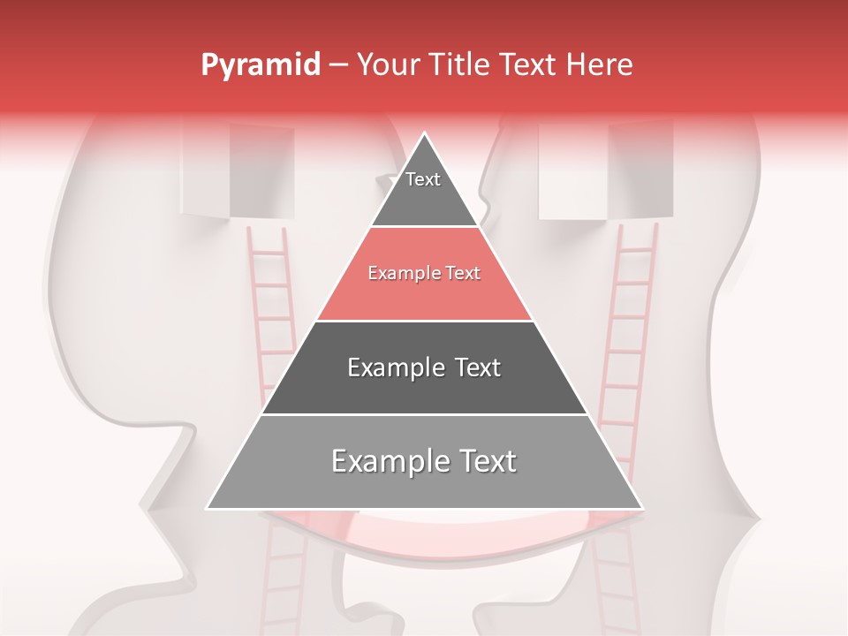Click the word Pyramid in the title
[x=260, y=65]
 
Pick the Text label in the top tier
[x=422, y=179]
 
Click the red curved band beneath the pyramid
[x=424, y=531]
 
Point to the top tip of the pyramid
[x=425, y=134]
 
